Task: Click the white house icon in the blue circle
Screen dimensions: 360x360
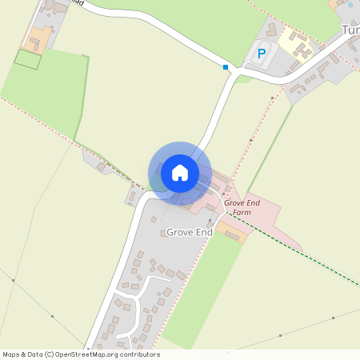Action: (180, 172)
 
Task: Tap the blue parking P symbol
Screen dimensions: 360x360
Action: (261, 54)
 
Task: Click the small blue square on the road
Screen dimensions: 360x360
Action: (226, 67)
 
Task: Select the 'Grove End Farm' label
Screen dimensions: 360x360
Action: (243, 208)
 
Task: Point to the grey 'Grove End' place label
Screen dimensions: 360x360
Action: (190, 232)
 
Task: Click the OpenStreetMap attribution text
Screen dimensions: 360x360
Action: (81, 354)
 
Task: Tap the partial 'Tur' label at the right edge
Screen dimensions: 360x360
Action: (350, 30)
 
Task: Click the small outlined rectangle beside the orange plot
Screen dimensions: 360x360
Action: (27, 58)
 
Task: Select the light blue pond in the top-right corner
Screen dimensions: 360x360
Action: (350, 5)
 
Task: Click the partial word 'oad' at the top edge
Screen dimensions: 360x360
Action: (76, 2)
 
